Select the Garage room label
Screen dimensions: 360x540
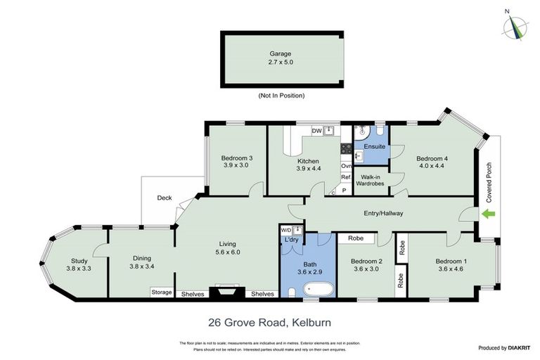pos(280,53)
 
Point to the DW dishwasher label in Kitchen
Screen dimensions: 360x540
pos(317,131)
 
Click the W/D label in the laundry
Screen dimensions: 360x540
pos(286,230)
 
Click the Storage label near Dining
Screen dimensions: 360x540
pos(161,292)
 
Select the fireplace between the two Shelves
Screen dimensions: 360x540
pos(226,292)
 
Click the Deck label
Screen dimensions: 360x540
pos(165,198)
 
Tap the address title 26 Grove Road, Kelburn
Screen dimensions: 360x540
pos(269,323)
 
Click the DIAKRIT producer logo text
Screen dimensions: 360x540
pos(515,348)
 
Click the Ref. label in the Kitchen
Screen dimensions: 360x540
pos(346,178)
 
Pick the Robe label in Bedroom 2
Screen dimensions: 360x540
pos(355,239)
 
